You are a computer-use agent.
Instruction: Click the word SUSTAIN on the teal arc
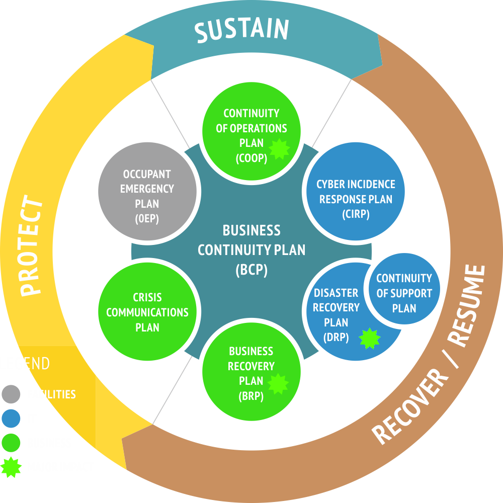coord(241,30)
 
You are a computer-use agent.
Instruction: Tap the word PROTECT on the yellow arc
coord(31,246)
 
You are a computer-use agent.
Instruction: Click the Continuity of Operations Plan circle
coord(251,131)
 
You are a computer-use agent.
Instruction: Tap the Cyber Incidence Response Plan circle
coord(356,192)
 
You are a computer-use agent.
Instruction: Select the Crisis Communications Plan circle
coord(147,312)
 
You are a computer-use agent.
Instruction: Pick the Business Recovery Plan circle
coord(251,372)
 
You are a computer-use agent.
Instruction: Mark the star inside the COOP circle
coord(278,149)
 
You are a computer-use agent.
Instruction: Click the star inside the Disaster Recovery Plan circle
coord(370,339)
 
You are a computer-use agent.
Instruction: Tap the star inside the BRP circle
coord(278,384)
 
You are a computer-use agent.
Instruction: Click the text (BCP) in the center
coord(251,270)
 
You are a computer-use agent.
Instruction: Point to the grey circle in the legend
coord(11,394)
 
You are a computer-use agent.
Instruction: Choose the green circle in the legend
coord(11,443)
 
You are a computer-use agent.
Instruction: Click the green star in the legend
coord(11,467)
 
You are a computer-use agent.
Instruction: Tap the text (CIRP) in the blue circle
coord(356,214)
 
